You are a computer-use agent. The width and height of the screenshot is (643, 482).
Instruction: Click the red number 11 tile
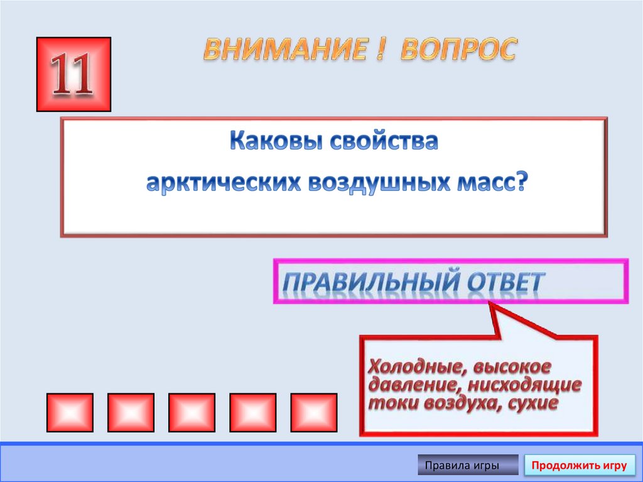pos(73,74)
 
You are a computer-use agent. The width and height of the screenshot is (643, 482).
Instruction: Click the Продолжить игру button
pos(579,466)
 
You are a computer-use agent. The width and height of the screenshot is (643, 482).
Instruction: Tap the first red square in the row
pos(70,412)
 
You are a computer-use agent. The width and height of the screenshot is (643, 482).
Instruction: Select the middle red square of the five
pos(192,412)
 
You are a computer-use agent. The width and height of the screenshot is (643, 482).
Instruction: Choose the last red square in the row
pos(313,412)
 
